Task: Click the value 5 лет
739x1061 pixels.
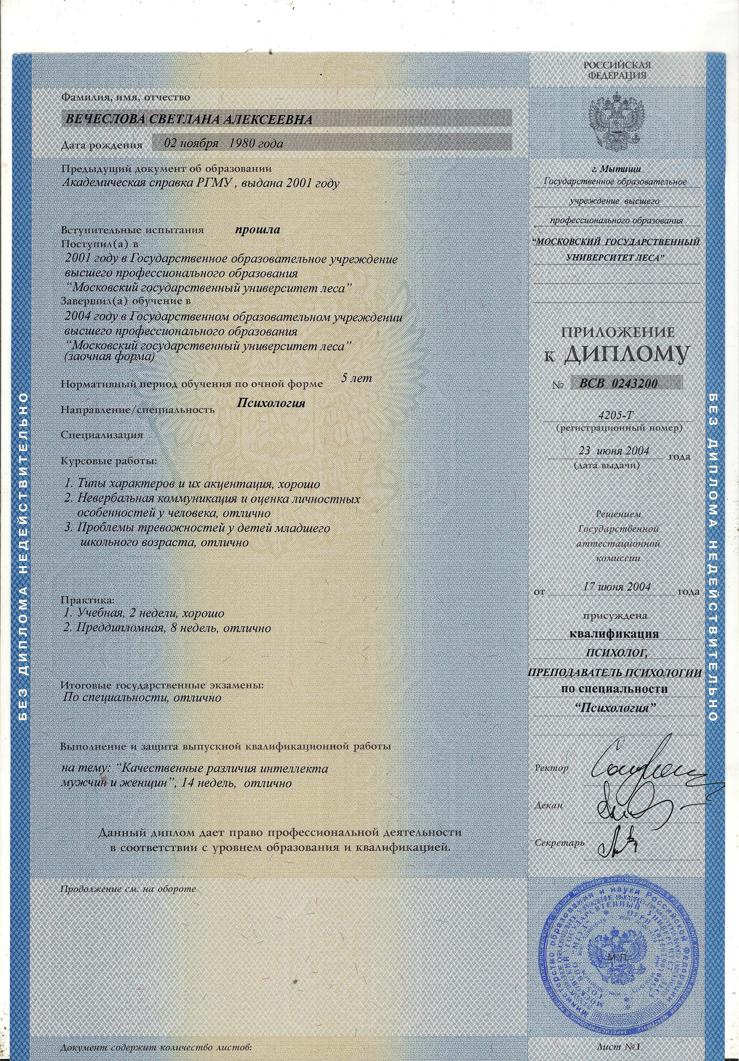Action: pos(356,378)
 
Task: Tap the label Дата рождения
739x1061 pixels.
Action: pos(102,145)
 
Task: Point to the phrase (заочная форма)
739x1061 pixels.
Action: pos(108,357)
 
